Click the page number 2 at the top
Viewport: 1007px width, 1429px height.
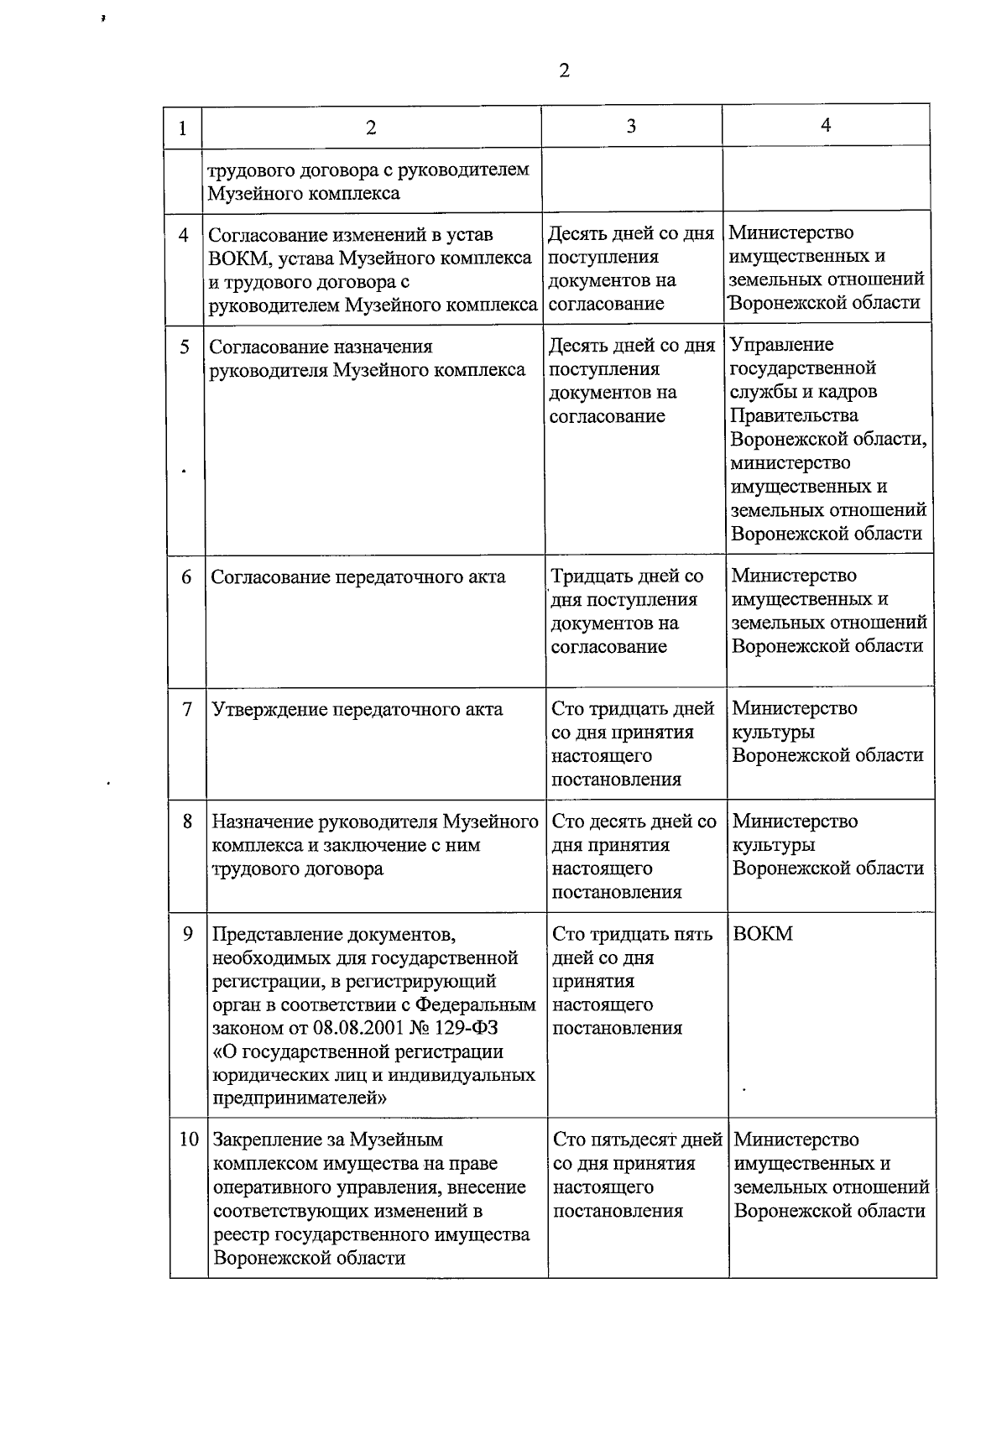564,70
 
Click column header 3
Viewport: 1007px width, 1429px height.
631,126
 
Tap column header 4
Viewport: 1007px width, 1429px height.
826,124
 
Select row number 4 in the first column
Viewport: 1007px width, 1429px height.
184,235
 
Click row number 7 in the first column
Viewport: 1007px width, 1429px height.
187,709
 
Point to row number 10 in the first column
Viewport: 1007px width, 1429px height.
189,1140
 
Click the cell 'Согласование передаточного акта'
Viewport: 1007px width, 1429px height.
358,576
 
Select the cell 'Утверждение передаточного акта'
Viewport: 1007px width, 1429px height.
357,709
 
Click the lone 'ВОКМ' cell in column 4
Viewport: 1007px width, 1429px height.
763,934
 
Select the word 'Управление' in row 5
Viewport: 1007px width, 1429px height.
782,345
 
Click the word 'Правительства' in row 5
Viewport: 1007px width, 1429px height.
795,415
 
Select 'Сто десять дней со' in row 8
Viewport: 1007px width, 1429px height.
634,821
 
